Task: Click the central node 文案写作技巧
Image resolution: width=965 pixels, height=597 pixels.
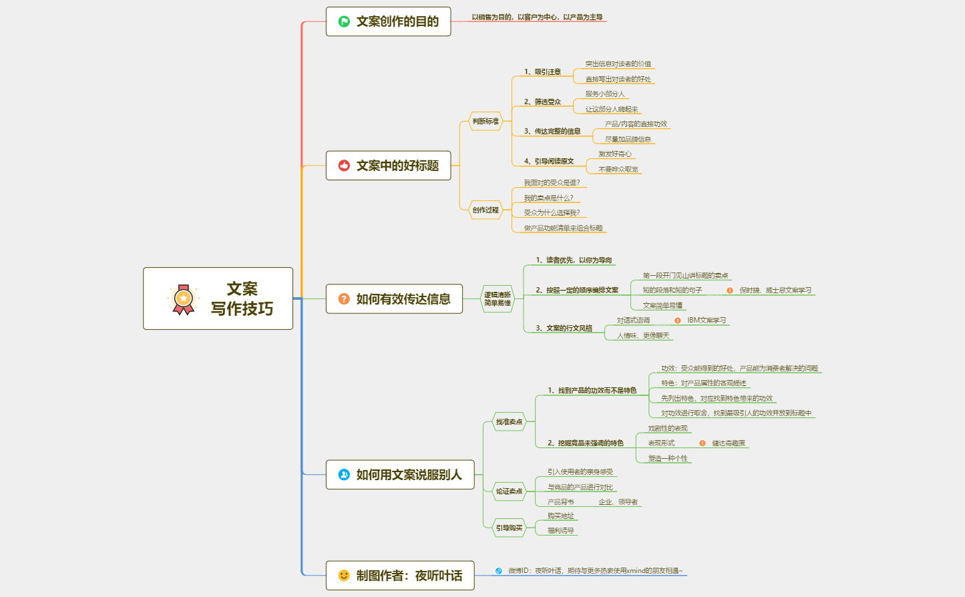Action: (x=218, y=298)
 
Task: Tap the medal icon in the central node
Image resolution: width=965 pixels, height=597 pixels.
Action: (x=183, y=299)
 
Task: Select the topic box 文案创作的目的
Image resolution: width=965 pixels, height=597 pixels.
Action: (x=388, y=21)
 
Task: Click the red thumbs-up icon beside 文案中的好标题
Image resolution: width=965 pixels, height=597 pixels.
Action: (x=344, y=166)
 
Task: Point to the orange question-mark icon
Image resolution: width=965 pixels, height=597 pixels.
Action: (x=344, y=299)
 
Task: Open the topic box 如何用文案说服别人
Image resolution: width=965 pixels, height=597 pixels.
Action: (x=400, y=475)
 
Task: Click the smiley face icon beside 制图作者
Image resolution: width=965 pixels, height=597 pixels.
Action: (x=344, y=576)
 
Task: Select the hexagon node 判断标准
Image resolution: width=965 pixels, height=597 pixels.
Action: (x=486, y=122)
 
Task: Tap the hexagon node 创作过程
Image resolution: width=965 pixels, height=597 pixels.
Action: (x=486, y=210)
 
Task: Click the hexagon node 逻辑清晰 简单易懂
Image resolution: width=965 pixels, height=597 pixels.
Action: (x=498, y=299)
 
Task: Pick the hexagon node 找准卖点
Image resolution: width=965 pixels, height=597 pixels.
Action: (x=509, y=422)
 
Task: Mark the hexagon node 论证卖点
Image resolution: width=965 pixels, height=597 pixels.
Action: (x=509, y=491)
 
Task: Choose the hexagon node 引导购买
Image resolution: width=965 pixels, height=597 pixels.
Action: (x=509, y=528)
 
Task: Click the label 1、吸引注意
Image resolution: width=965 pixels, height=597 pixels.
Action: (x=542, y=72)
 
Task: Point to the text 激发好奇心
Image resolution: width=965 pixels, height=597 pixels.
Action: (x=614, y=154)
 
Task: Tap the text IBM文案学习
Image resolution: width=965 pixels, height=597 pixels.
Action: (x=707, y=321)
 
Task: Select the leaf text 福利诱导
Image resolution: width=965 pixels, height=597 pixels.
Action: (x=560, y=531)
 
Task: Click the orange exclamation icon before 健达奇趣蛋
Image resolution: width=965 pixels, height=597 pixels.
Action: (x=703, y=443)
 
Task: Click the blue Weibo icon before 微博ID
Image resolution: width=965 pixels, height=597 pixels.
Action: (x=498, y=571)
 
